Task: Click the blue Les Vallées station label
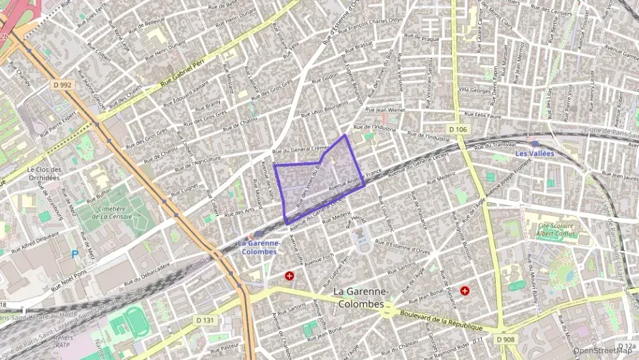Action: pos(534,154)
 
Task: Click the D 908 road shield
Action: pos(506,339)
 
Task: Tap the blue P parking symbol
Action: pos(74,254)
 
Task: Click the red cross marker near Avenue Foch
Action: pos(290,276)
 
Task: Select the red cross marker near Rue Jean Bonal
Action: pos(465,290)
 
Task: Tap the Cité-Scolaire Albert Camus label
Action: pos(554,229)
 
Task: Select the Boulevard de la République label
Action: pos(442,320)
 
